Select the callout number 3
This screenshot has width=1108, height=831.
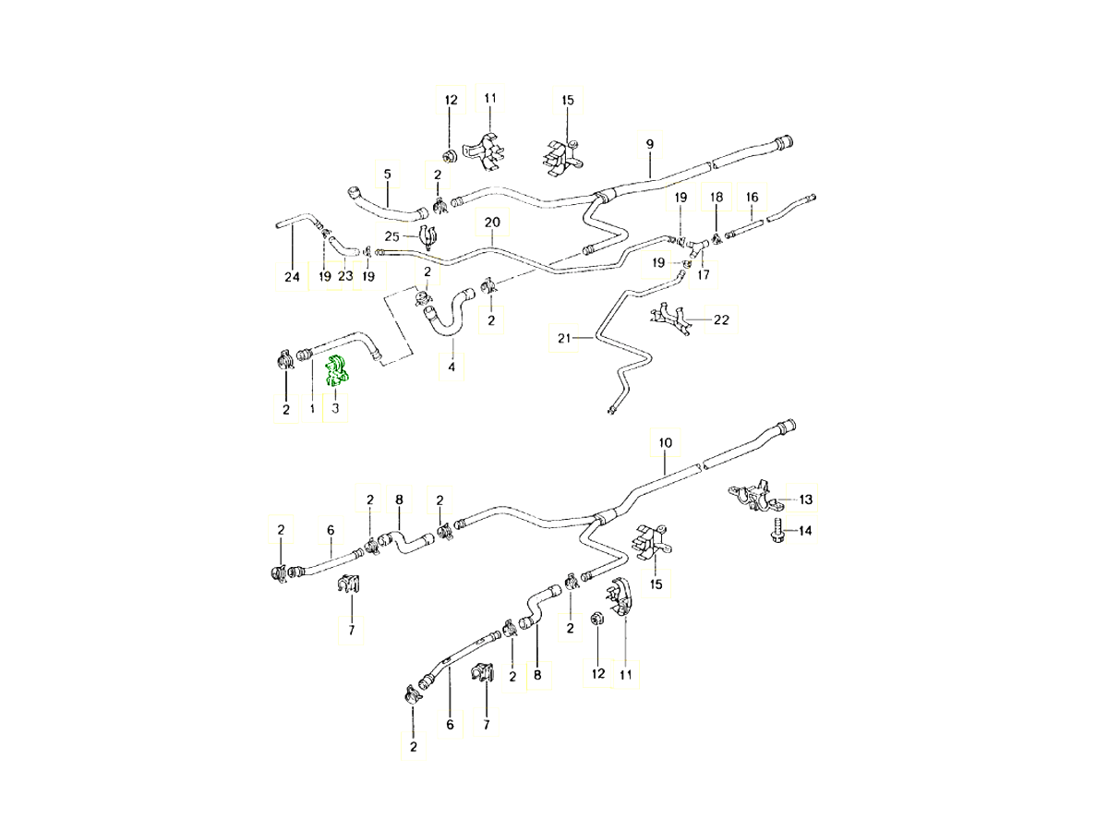click(336, 408)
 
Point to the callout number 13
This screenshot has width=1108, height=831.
click(806, 500)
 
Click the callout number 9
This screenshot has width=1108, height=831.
click(650, 145)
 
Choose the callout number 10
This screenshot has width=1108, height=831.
click(664, 442)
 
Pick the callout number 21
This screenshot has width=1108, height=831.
click(564, 339)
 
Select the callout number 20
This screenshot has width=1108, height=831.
click(491, 223)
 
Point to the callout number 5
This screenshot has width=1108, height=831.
click(387, 174)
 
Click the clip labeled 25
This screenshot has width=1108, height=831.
click(427, 237)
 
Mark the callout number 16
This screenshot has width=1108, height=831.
click(752, 197)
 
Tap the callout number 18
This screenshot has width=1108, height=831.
click(717, 197)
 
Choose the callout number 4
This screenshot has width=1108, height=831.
click(452, 368)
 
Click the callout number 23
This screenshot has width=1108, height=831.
click(344, 277)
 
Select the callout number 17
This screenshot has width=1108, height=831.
click(704, 274)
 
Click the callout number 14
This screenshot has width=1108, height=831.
click(805, 531)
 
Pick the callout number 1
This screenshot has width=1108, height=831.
click(313, 408)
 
